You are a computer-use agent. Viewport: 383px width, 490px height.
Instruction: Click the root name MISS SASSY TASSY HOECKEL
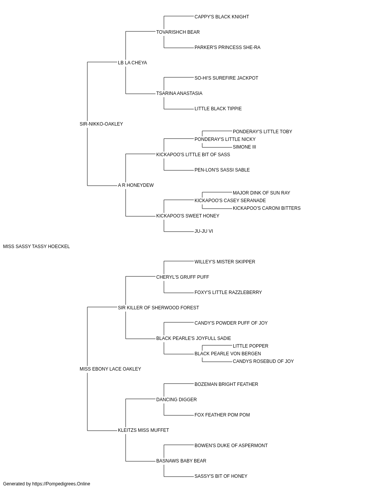click(x=36, y=247)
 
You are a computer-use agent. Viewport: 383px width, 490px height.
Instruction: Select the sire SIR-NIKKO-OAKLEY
click(x=101, y=124)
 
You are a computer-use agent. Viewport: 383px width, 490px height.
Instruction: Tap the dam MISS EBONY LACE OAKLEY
click(x=110, y=369)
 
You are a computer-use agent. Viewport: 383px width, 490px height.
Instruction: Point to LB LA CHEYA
click(x=133, y=63)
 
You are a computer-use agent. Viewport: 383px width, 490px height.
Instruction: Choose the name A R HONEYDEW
click(x=136, y=185)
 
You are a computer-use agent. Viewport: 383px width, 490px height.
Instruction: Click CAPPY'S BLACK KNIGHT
click(x=222, y=17)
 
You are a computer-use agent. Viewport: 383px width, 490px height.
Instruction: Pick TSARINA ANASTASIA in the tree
click(x=179, y=93)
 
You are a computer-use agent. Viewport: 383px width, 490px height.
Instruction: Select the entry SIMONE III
click(x=244, y=147)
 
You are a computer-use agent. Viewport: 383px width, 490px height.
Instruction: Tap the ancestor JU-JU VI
click(x=204, y=231)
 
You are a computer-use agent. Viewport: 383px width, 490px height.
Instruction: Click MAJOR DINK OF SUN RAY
click(x=262, y=193)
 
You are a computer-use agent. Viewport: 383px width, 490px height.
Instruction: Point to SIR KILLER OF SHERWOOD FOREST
click(x=158, y=307)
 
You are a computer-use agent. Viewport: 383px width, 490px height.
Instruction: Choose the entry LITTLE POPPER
click(x=250, y=346)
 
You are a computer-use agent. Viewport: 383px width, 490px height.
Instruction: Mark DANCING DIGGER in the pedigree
click(x=177, y=400)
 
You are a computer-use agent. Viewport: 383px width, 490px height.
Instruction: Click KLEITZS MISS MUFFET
click(x=144, y=430)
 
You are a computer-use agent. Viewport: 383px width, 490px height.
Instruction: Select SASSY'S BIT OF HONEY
click(x=221, y=476)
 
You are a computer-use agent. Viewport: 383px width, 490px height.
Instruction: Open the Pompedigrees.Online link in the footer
click(x=61, y=484)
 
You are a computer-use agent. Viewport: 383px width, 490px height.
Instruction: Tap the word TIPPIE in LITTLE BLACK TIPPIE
click(x=234, y=109)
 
